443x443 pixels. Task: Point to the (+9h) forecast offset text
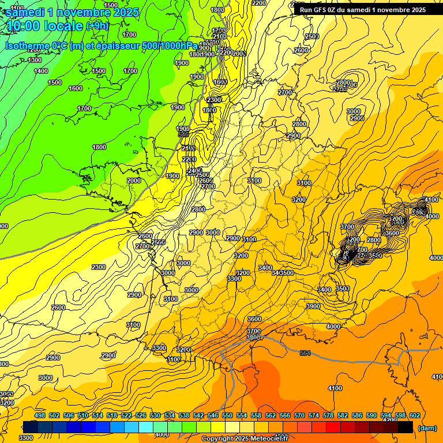click(x=97, y=26)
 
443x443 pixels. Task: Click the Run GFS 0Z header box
click(x=363, y=9)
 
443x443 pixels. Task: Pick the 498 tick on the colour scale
click(x=40, y=415)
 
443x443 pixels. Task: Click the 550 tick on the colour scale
click(x=227, y=415)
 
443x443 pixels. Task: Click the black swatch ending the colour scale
click(x=406, y=427)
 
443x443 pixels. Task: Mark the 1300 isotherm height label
click(x=35, y=60)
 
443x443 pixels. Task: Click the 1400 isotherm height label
click(x=41, y=71)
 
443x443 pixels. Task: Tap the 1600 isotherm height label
click(x=76, y=88)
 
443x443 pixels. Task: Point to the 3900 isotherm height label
click(x=313, y=306)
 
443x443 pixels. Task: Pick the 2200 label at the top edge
click(x=259, y=3)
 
